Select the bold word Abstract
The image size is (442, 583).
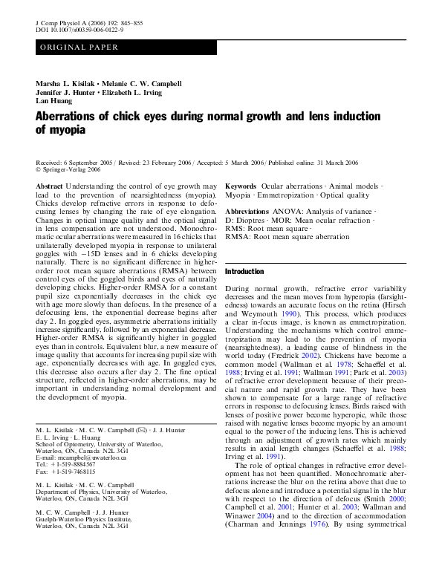point(49,185)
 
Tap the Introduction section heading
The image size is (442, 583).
point(244,272)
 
